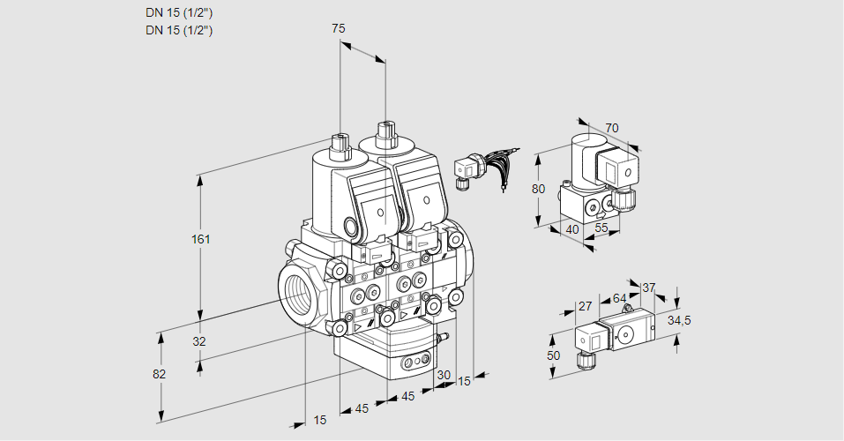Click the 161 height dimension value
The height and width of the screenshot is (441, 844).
(x=204, y=239)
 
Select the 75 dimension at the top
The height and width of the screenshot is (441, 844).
(x=338, y=28)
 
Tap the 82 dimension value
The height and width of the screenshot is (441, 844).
(x=159, y=374)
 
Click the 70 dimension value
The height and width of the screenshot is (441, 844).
(x=612, y=128)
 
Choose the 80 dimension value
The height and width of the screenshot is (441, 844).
(x=540, y=189)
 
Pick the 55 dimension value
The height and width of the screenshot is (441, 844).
(x=602, y=228)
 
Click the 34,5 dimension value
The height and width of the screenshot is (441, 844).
(x=679, y=320)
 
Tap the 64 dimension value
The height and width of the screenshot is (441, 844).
(x=619, y=298)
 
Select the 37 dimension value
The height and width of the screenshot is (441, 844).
(x=649, y=288)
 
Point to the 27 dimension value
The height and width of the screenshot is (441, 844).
(x=585, y=306)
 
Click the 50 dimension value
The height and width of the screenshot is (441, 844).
(x=553, y=355)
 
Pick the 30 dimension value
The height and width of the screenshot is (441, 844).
(x=443, y=375)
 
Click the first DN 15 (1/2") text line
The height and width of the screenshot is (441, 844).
(x=179, y=12)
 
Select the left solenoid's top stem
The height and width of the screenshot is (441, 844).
(x=340, y=143)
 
